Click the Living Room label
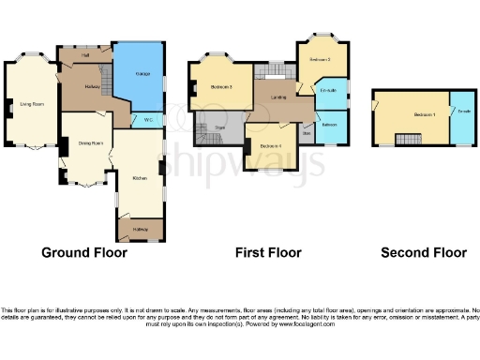[32, 104]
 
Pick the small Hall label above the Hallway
[85, 55]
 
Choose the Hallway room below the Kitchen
[140, 229]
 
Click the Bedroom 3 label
[321, 60]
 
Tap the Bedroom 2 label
[221, 87]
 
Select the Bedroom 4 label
[272, 146]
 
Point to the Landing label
[278, 97]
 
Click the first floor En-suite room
[328, 90]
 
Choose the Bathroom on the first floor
[330, 125]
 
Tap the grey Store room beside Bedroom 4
[307, 132]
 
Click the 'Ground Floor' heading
[85, 252]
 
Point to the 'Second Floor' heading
[424, 252]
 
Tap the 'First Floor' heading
[267, 252]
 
